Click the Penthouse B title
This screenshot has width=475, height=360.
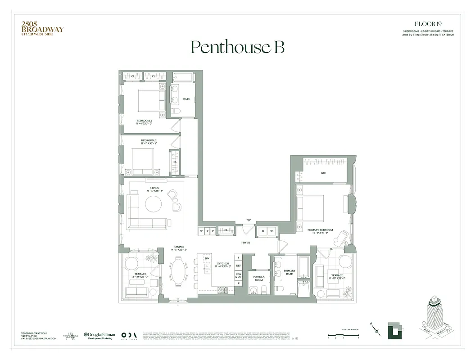click(237, 47)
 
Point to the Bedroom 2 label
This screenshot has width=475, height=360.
click(149, 142)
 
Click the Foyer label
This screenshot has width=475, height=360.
click(245, 243)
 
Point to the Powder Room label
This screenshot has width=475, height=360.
click(259, 279)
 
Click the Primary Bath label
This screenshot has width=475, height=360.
click(290, 272)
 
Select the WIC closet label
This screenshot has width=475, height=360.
click(323, 173)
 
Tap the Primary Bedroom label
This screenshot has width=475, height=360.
click(320, 231)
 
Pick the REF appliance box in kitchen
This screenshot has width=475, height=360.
click(238, 266)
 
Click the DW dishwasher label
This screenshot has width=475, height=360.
click(207, 258)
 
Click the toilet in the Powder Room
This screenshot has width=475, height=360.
click(267, 288)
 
